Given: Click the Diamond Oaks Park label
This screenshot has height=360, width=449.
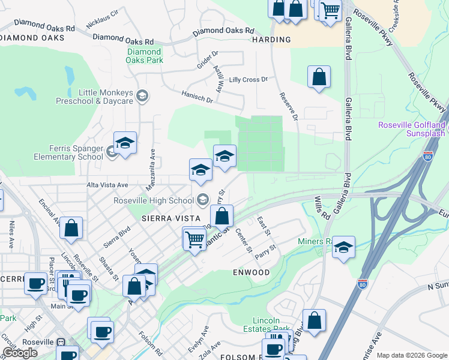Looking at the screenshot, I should pyautogui.click(x=145, y=56).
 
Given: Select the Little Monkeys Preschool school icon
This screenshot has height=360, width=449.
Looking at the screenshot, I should pyautogui.click(x=142, y=95).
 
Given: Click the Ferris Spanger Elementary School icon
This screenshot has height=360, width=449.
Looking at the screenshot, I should pyautogui.click(x=112, y=152).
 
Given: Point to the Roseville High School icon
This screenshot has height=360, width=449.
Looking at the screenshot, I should pyautogui.click(x=202, y=200).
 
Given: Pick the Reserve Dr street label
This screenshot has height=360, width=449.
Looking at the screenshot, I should pyautogui.click(x=288, y=106).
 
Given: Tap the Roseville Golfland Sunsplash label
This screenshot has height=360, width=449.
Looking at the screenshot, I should pyautogui.click(x=412, y=128).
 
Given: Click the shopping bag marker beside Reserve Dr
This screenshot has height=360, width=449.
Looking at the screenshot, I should pyautogui.click(x=319, y=77).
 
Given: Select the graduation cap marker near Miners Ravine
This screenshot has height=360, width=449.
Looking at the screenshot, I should pyautogui.click(x=343, y=247).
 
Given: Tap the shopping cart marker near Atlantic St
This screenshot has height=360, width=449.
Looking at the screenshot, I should pyautogui.click(x=194, y=239).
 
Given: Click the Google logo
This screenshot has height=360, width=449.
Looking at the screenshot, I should pyautogui.click(x=20, y=353).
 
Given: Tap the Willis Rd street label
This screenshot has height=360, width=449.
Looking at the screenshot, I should pyautogui.click(x=322, y=207).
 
